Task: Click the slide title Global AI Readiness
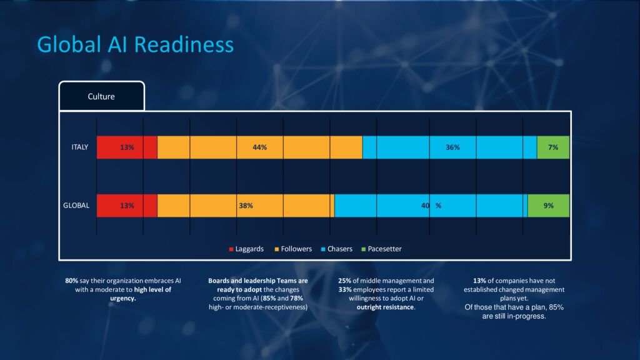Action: pos(135,44)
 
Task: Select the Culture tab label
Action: pos(101,97)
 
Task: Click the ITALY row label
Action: pos(79,147)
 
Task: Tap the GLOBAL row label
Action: pos(76,205)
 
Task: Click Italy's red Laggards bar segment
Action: pos(127,147)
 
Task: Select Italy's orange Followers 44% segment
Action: pos(259,147)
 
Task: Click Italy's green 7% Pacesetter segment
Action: pos(553,147)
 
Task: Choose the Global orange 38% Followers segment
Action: pos(246,206)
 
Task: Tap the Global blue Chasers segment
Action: pos(431,206)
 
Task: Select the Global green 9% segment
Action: pos(548,206)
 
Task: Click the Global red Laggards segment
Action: pos(127,206)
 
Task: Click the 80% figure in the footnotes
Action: pos(71,281)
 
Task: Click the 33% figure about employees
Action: pos(344,290)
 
